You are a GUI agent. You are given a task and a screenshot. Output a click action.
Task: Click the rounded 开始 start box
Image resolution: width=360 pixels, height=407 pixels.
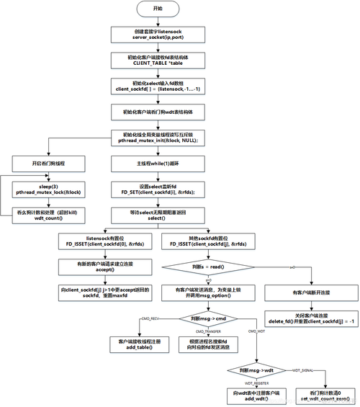click(x=158, y=8)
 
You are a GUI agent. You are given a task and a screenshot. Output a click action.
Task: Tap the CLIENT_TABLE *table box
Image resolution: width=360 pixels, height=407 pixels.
click(x=158, y=60)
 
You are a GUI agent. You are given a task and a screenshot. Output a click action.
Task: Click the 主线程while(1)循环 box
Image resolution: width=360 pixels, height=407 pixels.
click(x=158, y=164)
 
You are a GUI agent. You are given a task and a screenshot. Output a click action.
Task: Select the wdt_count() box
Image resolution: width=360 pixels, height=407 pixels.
click(x=44, y=216)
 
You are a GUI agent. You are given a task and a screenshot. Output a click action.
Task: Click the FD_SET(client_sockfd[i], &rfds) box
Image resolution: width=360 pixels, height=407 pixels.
click(x=158, y=190)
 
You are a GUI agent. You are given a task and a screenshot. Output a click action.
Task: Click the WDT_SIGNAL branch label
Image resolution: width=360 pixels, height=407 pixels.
click(x=303, y=370)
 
